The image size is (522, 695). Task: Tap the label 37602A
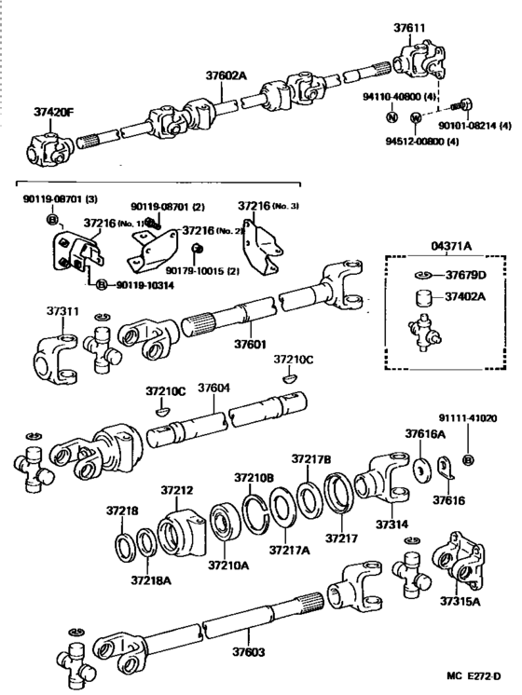226,79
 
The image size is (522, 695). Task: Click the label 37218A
149,579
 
